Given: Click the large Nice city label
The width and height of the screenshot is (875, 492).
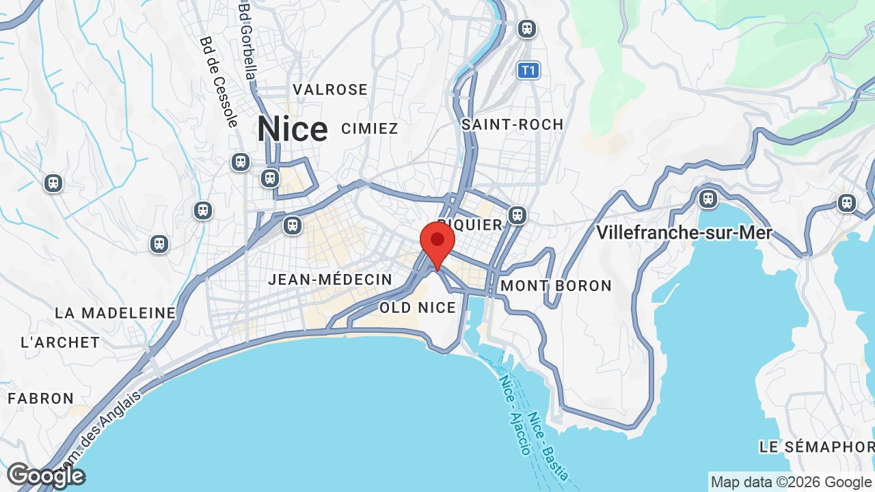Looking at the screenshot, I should point(292,129).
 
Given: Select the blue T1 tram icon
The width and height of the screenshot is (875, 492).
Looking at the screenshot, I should point(528,70).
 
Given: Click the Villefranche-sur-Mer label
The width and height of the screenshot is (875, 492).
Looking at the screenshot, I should point(684,233).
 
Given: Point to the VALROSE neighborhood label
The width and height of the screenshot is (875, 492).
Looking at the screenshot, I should point(330,90).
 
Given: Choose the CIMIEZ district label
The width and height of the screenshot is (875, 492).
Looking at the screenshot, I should point(369,128).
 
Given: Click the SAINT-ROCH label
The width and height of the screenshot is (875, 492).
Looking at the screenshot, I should point(512,124).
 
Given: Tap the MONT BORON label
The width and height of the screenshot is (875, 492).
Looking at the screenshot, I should point(556,286).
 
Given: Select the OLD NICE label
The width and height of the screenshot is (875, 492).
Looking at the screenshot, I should point(417,307).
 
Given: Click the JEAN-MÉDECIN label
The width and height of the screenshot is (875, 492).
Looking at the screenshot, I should point(330,279).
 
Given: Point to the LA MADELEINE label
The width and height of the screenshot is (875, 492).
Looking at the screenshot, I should point(115,313).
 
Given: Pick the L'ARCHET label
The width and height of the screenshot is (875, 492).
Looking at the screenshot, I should point(60,342).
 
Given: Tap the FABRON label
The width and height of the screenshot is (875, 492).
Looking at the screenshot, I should point(40,398).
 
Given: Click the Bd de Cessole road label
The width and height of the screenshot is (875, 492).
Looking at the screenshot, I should point(219,82).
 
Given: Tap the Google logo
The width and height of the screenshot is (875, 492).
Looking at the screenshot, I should point(46,476).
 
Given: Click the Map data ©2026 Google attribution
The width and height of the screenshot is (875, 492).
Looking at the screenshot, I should point(791,482).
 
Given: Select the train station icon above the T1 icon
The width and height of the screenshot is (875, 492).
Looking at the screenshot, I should point(526,29).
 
